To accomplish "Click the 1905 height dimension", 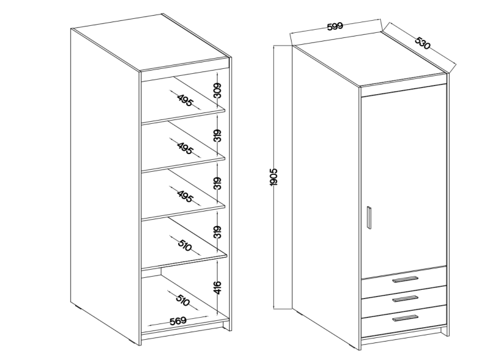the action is pos(273,177).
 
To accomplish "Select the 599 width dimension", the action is pos(335,27).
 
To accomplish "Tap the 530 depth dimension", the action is pos(423,43).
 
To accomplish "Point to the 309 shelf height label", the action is pos(218,90).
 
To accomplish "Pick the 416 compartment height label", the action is pos(218,287).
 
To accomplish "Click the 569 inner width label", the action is pos(178,321).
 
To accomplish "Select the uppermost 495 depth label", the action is pos(185,100).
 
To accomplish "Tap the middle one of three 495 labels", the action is pos(185,148).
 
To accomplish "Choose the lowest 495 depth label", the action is pos(185,196).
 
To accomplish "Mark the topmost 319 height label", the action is pos(218,135).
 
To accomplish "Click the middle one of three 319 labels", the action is pos(218,183).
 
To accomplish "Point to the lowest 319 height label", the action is pos(218,232).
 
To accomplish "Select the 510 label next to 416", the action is pos(182,300).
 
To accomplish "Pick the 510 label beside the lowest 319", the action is pos(184,245).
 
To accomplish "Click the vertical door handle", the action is pos(369,217).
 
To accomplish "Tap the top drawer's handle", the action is pos(405,280).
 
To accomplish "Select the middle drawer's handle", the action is pos(405,299).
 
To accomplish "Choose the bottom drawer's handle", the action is pos(405,318).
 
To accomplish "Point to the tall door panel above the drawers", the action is pos(403,181).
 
